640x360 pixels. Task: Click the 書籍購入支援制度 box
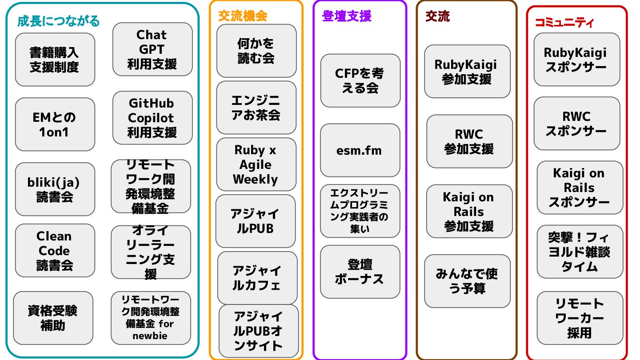coord(55,60)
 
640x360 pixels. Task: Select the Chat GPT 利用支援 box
coord(152,49)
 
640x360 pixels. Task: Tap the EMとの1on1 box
coord(55,124)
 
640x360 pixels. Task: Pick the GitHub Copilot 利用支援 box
coord(152,118)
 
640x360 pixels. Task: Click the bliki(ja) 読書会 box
coord(55,189)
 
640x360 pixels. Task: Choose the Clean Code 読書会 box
coord(55,251)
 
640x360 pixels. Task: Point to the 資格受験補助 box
coord(53,318)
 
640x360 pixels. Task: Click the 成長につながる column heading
coord(58,21)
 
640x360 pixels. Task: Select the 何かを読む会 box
coord(256,51)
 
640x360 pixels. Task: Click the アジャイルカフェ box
coord(257,278)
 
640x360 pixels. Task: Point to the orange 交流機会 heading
coord(242,16)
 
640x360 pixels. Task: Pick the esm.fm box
coord(360,150)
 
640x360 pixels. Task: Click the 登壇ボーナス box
coord(360,272)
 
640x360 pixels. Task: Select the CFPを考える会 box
coord(360,80)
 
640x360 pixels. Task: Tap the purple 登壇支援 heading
coord(346,16)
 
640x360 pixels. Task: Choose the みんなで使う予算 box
coord(467,281)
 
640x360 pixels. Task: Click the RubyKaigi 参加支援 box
coord(467,71)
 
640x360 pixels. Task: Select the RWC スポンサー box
coord(576,124)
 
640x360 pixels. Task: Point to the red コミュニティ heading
coord(564,23)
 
